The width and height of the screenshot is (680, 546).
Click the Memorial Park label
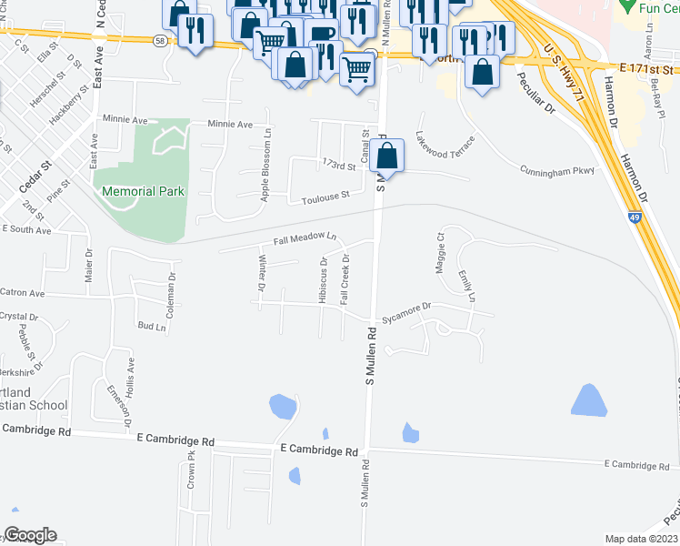click(x=144, y=191)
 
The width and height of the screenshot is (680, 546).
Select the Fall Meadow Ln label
click(x=305, y=240)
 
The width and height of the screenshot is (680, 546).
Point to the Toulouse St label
click(x=326, y=196)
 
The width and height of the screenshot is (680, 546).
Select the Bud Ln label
click(x=152, y=326)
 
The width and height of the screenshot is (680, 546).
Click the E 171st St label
click(x=648, y=69)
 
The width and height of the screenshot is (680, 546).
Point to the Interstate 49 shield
click(x=637, y=217)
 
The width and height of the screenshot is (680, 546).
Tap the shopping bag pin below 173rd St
click(x=387, y=157)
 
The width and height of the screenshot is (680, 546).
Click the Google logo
click(x=30, y=535)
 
